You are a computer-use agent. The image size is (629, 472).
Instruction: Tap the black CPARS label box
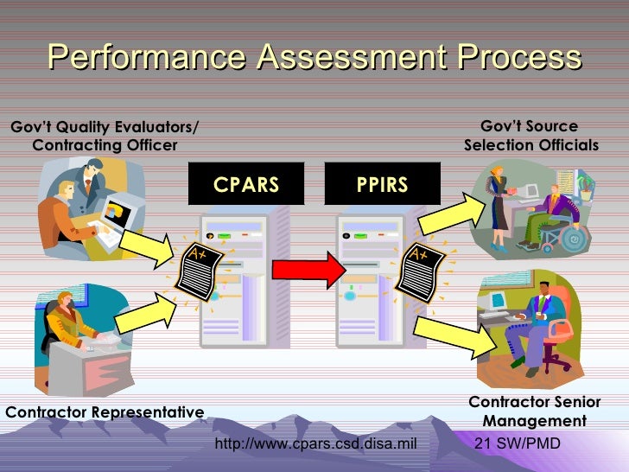tap(246, 184)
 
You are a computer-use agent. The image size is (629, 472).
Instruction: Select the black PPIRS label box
tap(382, 184)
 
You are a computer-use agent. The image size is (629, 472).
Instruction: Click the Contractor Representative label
tap(105, 412)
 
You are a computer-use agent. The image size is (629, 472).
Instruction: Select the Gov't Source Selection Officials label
tap(531, 136)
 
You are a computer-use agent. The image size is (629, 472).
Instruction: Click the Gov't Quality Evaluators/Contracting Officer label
tap(104, 137)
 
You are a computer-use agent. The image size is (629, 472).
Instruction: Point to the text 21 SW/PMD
tap(518, 444)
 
